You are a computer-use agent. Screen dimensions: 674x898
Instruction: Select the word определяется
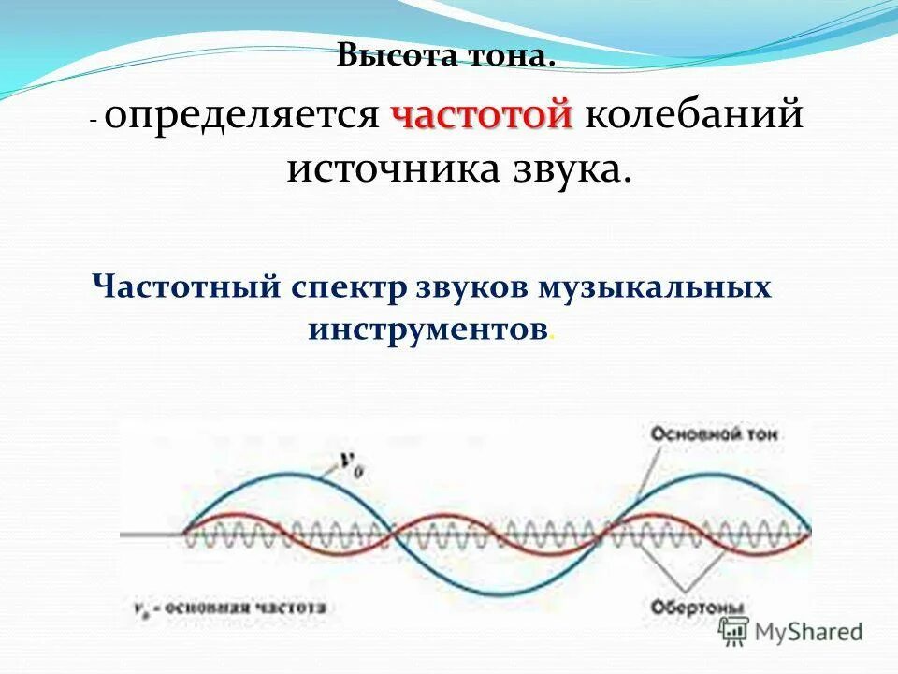pyautogui.click(x=241, y=116)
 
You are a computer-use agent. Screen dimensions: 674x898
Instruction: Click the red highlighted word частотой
pyautogui.click(x=482, y=116)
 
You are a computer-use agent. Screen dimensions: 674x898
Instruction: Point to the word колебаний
pyautogui.click(x=694, y=116)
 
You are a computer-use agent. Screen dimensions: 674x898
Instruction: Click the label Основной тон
pyautogui.click(x=713, y=434)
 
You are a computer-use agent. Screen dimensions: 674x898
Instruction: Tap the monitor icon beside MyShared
pyautogui.click(x=735, y=633)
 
